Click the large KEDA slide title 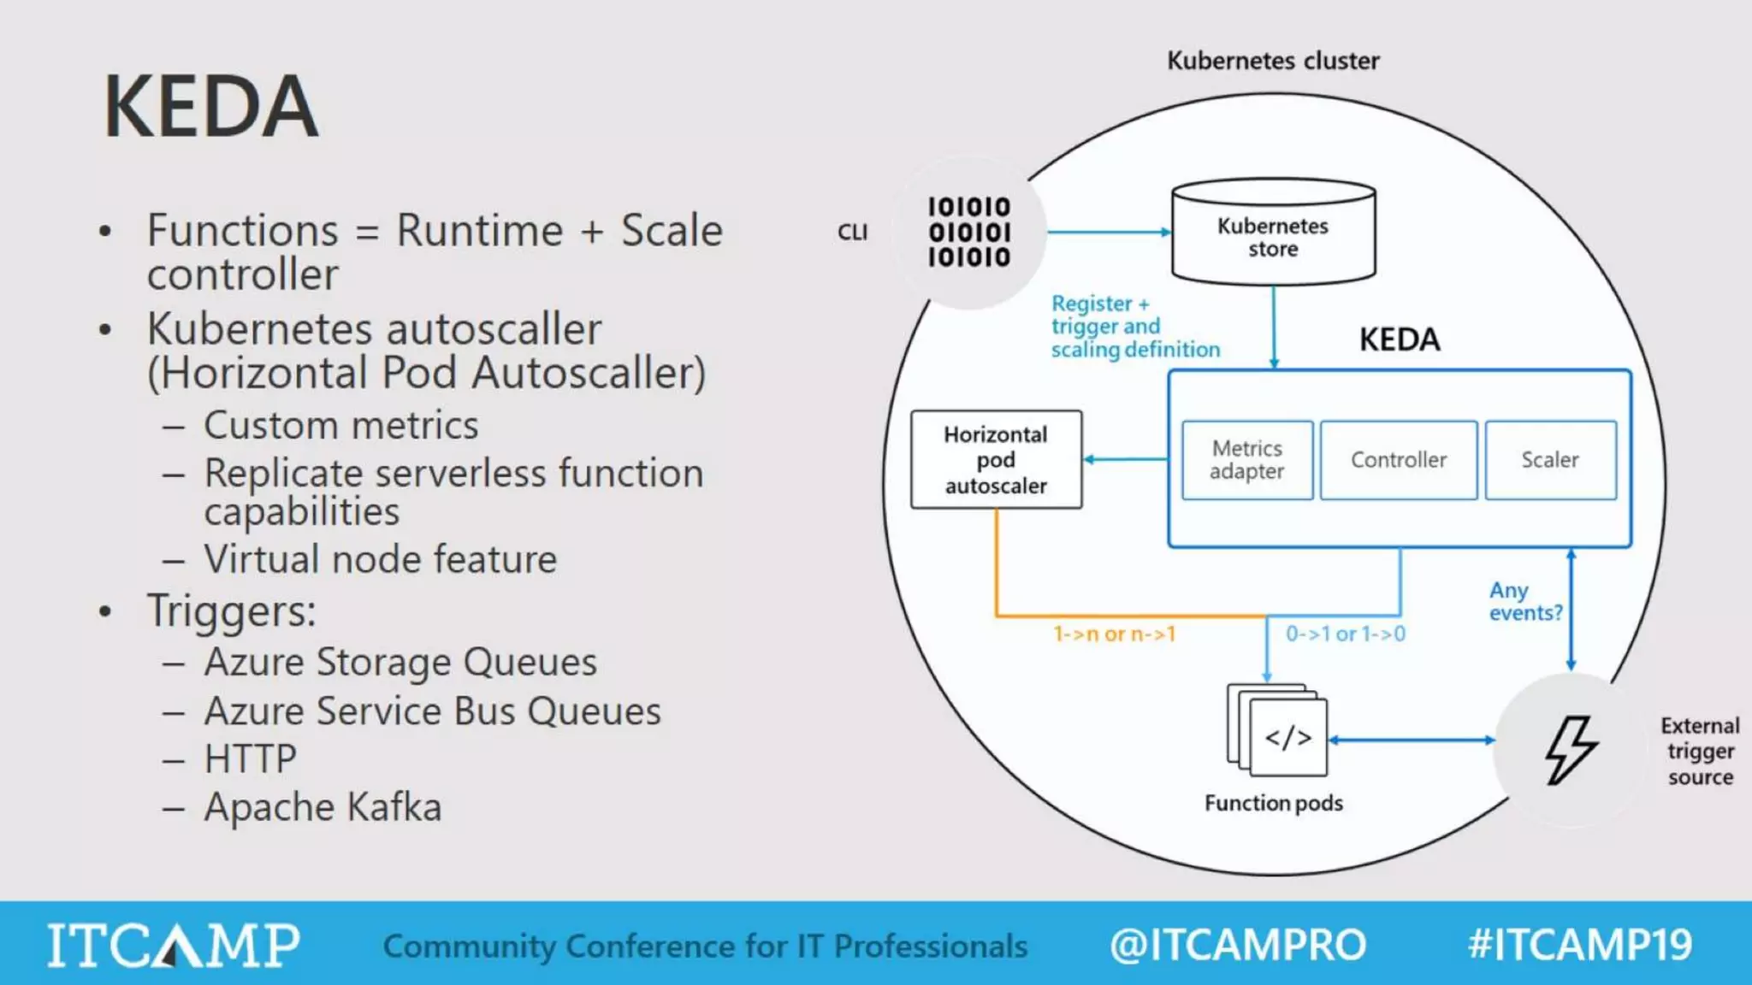210,107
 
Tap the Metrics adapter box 1247,460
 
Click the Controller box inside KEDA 1398,460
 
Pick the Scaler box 1550,460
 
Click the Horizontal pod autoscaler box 996,460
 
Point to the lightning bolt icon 1570,750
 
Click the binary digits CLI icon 969,233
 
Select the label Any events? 1524,601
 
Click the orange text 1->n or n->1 1115,634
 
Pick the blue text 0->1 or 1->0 1345,634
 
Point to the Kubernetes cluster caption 1273,61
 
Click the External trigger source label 1699,751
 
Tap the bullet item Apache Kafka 323,807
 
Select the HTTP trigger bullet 250,759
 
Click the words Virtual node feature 380,560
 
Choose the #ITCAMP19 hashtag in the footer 1579,945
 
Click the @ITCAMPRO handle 1237,945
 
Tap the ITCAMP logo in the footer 173,945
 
